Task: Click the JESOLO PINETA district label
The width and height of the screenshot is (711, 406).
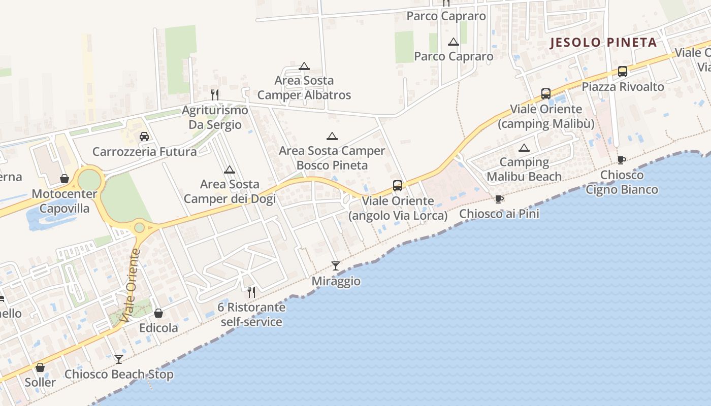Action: [x=604, y=43]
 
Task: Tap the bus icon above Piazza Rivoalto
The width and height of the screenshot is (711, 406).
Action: [x=623, y=72]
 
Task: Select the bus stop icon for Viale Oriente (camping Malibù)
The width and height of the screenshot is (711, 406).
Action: [x=546, y=94]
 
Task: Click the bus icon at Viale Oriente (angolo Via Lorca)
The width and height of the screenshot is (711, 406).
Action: [x=398, y=186]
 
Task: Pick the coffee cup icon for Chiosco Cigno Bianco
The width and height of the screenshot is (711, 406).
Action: [x=621, y=160]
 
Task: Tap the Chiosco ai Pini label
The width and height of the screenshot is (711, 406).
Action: [x=499, y=214]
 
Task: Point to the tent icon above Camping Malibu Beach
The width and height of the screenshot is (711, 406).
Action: [x=524, y=148]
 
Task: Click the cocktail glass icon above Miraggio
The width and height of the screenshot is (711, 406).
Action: [x=335, y=266]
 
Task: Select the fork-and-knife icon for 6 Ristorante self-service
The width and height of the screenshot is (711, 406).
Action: [x=251, y=292]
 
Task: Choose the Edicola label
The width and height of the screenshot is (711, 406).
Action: [x=158, y=328]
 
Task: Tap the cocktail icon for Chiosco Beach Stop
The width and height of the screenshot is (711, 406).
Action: [x=118, y=359]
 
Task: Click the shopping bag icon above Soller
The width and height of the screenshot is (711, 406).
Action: [x=40, y=367]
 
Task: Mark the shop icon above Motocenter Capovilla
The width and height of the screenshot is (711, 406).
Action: [x=64, y=179]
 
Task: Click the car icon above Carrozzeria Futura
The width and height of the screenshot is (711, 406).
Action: [x=144, y=137]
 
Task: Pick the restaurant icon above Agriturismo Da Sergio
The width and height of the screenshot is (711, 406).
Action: [x=215, y=94]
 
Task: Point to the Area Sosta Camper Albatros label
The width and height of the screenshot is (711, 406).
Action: [x=304, y=87]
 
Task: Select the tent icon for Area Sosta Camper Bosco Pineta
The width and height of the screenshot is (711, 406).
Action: [x=332, y=136]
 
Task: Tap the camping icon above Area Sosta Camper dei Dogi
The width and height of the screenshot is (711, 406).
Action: [x=230, y=170]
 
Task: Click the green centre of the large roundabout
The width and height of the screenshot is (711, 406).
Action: [x=89, y=180]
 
